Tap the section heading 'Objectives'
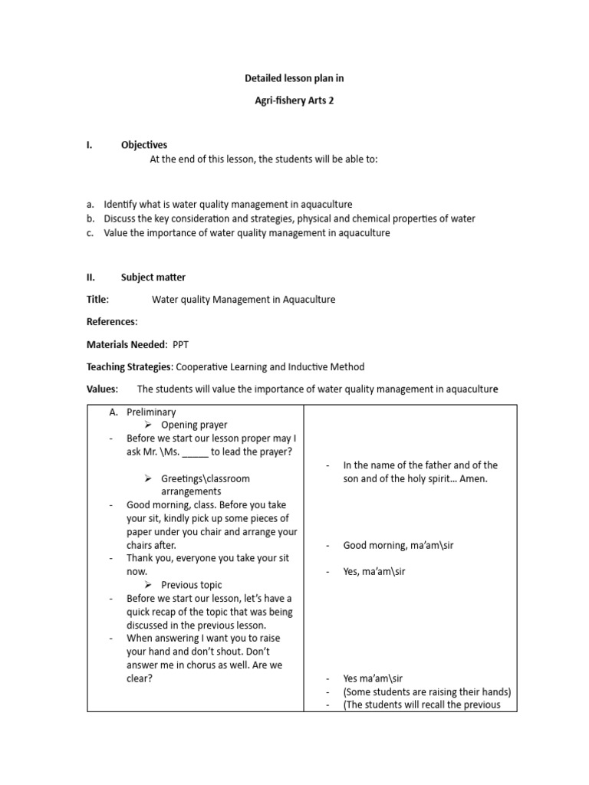144,145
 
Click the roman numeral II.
90,278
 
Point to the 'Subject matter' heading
153,278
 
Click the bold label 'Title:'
98,300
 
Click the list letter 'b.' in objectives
90,218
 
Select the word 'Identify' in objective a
123,205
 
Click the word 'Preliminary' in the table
151,412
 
